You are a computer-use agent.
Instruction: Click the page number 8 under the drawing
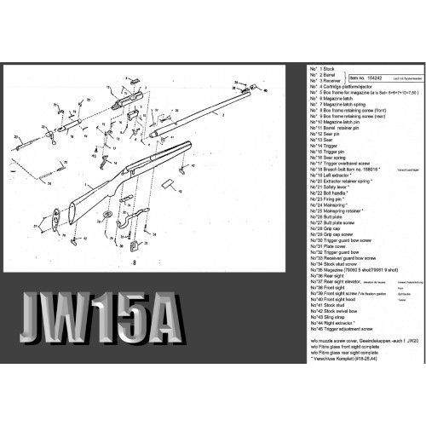pyautogui.click(x=133, y=264)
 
